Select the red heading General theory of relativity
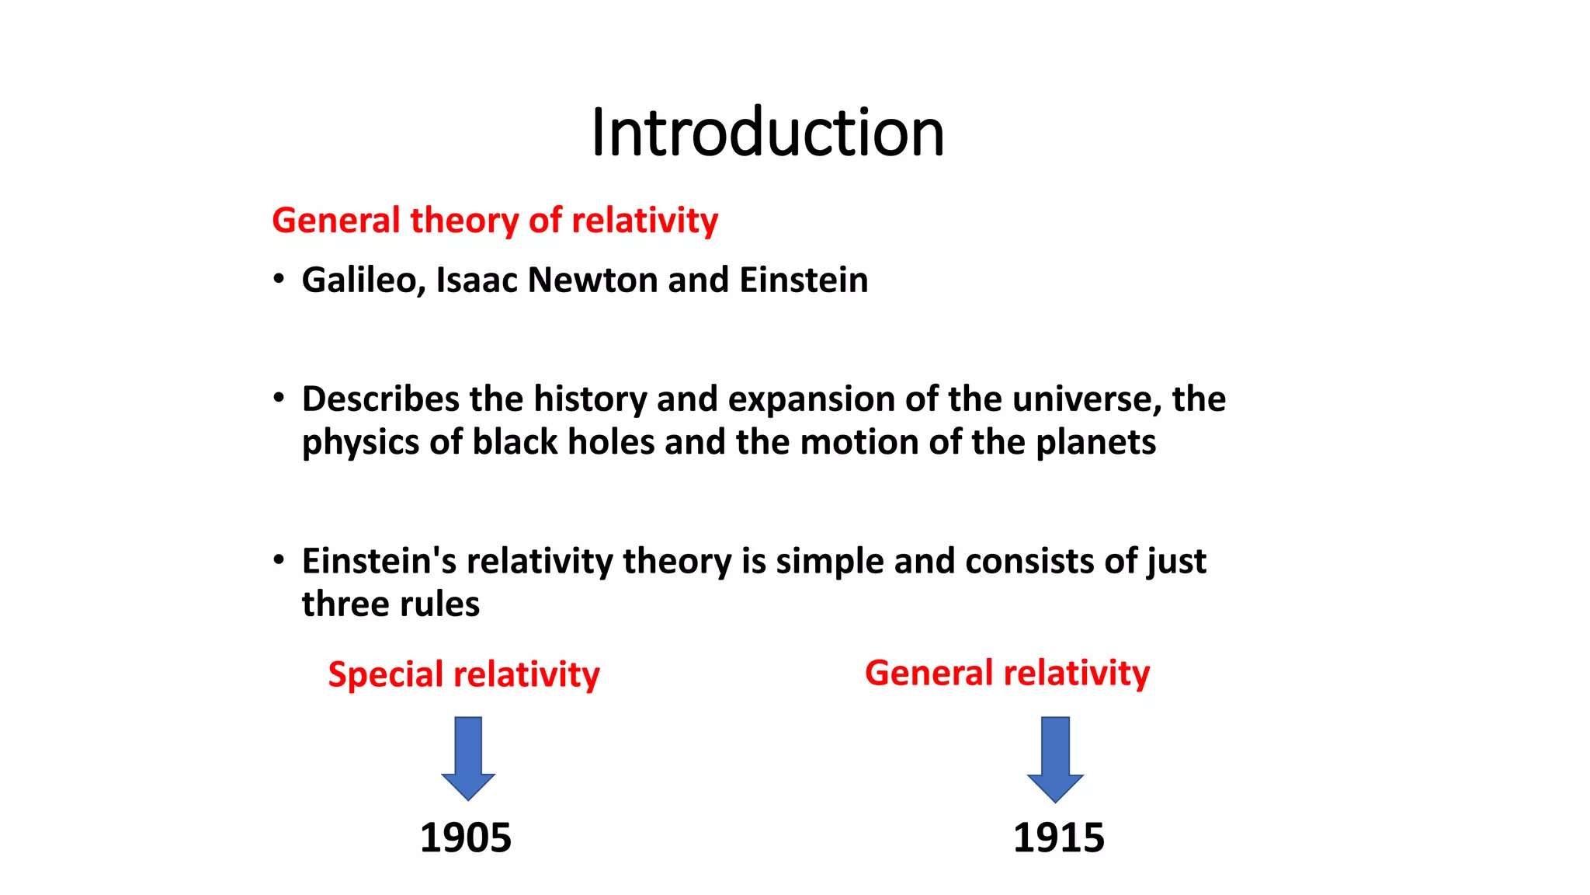point(495,221)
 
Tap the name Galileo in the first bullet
point(362,280)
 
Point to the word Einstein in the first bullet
point(804,280)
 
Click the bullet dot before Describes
point(279,398)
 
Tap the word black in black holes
point(515,442)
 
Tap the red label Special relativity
point(463,674)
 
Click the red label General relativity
point(1007,673)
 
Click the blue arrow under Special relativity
point(468,757)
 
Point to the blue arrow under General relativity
point(1055,759)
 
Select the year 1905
point(465,838)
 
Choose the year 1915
point(1058,838)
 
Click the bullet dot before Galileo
point(279,279)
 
